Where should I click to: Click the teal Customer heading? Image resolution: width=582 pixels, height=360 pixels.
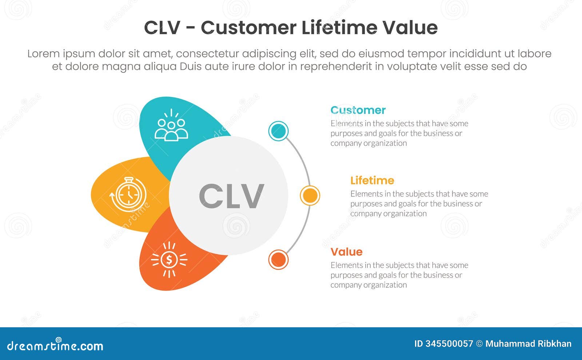[x=358, y=110]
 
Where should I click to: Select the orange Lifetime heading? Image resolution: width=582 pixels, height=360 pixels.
[x=372, y=181]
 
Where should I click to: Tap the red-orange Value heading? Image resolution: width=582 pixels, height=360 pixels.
[x=346, y=252]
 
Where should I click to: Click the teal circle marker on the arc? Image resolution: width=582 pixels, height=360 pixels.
[x=278, y=131]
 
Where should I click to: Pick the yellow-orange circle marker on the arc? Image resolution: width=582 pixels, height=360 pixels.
[x=310, y=195]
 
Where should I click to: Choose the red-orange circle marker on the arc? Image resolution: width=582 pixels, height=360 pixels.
[x=278, y=260]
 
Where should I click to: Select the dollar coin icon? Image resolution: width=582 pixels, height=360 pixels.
[x=169, y=260]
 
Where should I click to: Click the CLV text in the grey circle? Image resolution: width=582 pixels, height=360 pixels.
[x=231, y=196]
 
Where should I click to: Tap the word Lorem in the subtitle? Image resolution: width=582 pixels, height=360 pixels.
[x=43, y=54]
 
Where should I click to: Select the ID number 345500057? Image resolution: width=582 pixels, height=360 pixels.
[x=449, y=344]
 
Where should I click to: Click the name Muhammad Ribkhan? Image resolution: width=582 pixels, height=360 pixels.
[x=528, y=344]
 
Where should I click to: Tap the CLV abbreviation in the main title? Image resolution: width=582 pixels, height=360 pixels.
[x=162, y=28]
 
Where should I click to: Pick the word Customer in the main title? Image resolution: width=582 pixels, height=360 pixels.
[x=248, y=28]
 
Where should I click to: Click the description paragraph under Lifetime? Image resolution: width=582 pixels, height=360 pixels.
[x=418, y=204]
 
